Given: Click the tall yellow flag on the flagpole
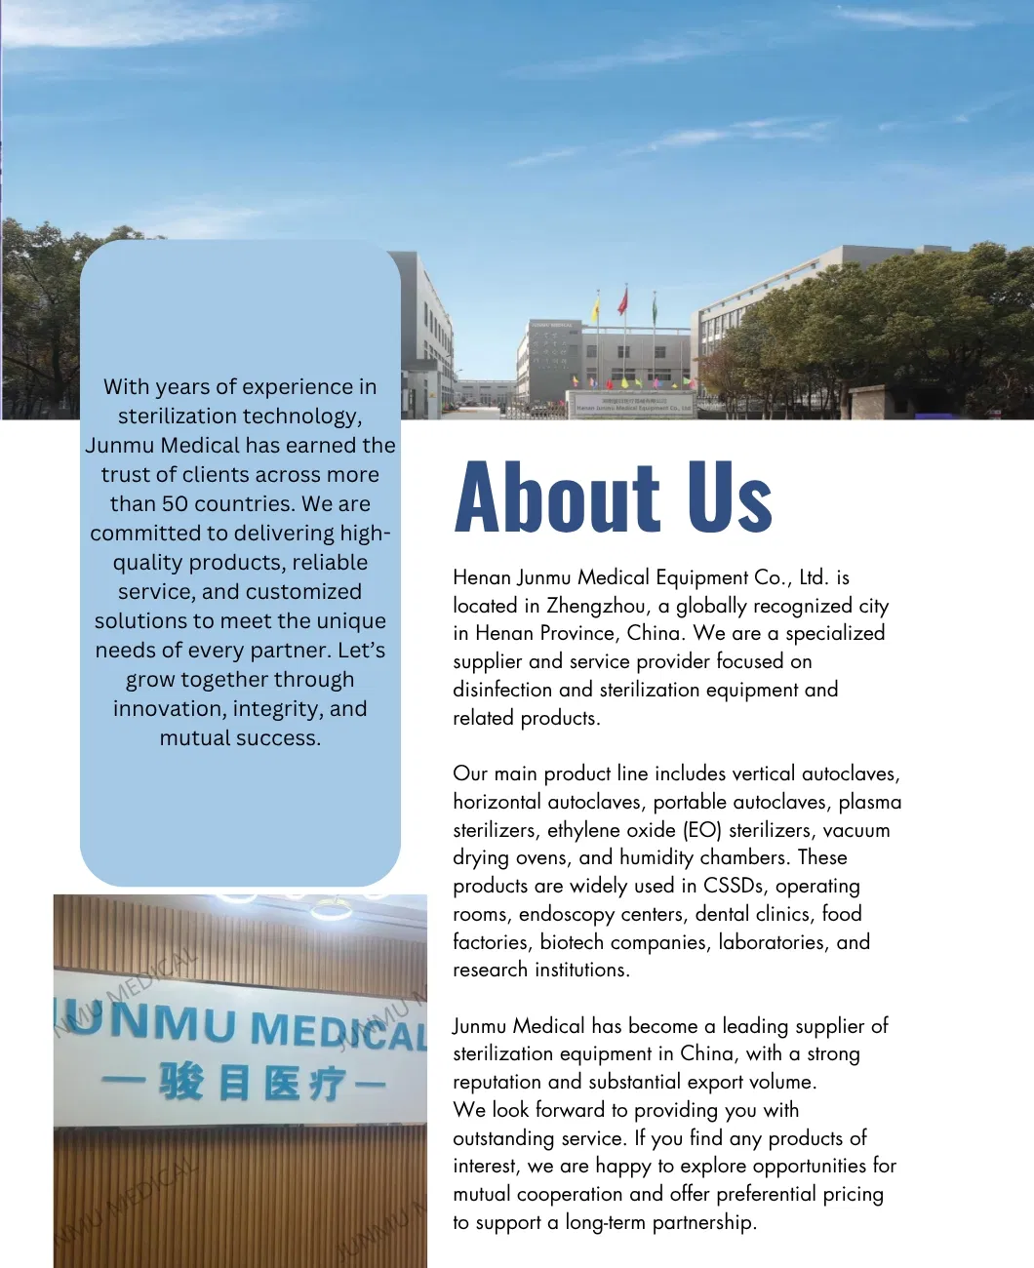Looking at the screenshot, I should click(x=594, y=310).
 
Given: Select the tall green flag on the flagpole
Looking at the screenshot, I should click(x=655, y=309).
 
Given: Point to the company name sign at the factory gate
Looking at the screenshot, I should click(x=632, y=405).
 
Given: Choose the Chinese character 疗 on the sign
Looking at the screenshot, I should click(x=325, y=1084).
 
